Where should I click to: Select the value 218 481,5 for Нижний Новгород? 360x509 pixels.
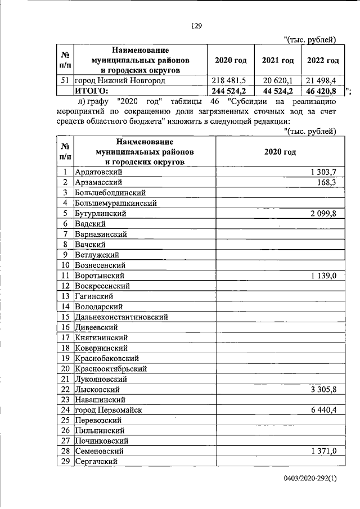(231, 80)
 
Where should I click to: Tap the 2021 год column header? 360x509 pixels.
(278, 61)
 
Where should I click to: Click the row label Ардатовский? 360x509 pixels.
(98, 172)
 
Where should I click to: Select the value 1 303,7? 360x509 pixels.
(323, 172)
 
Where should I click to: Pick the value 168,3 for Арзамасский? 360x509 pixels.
(326, 182)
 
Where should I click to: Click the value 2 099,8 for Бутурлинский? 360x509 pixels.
(322, 213)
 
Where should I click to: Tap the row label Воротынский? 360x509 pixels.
(100, 275)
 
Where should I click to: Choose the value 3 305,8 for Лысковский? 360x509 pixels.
(322, 389)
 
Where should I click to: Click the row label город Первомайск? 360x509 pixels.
(108, 410)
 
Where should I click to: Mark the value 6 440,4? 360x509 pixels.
(322, 410)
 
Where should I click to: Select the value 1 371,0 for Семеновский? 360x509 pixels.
(323, 451)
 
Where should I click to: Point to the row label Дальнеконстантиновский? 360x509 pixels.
(121, 317)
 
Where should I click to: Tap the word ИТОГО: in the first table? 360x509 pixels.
(91, 91)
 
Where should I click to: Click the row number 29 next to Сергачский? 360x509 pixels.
(65, 461)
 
